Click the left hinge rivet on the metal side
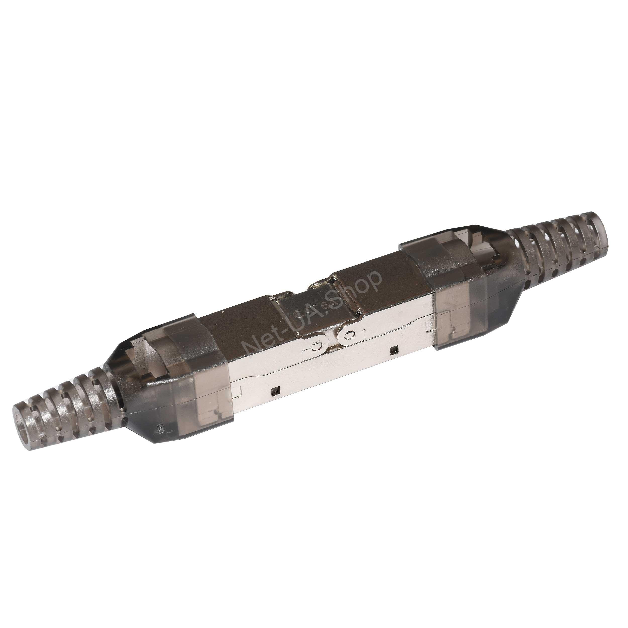point(315,347)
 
